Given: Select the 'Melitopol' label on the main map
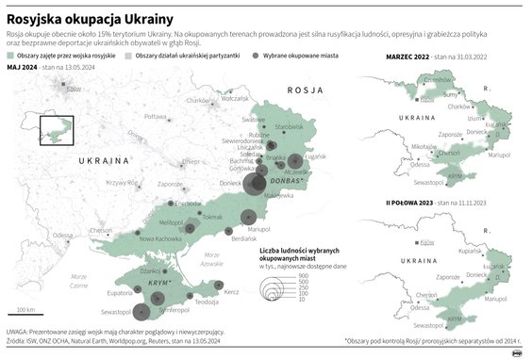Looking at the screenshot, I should point(172,220).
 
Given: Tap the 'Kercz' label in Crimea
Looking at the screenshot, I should point(232,292).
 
